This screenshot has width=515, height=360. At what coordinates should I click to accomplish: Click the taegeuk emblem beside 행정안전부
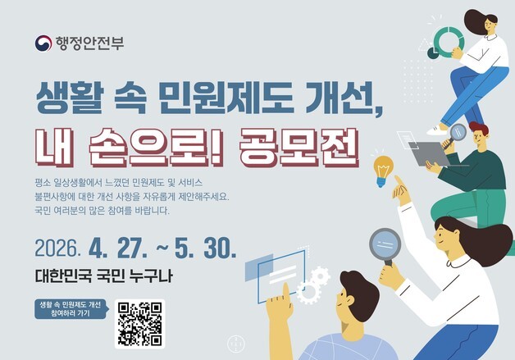tap(43, 43)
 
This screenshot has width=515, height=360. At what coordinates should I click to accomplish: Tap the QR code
tap(139, 322)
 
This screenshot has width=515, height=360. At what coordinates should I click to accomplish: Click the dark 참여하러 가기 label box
tap(69, 309)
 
